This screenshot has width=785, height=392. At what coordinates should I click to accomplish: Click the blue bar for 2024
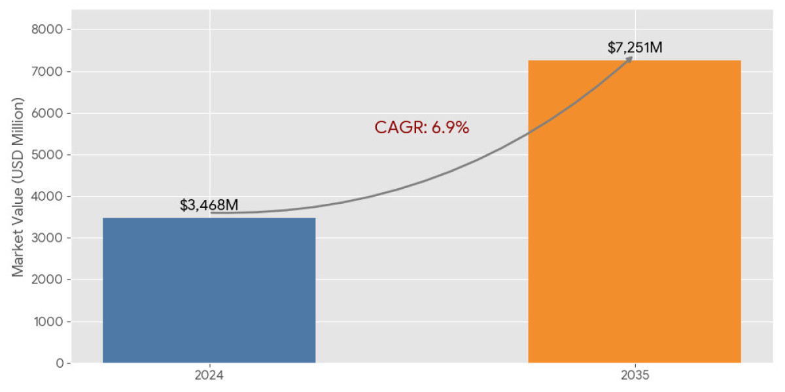209,290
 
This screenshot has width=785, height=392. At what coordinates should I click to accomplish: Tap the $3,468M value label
209,205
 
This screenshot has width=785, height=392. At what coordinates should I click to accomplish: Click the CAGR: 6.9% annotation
422,127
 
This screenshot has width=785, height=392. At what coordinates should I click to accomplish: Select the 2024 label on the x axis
209,376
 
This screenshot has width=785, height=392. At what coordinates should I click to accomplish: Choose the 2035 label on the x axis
635,376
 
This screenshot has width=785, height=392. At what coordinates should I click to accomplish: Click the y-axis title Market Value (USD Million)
18,188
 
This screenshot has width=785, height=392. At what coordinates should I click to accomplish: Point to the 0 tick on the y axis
59,363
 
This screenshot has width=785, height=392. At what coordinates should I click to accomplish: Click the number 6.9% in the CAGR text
450,127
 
